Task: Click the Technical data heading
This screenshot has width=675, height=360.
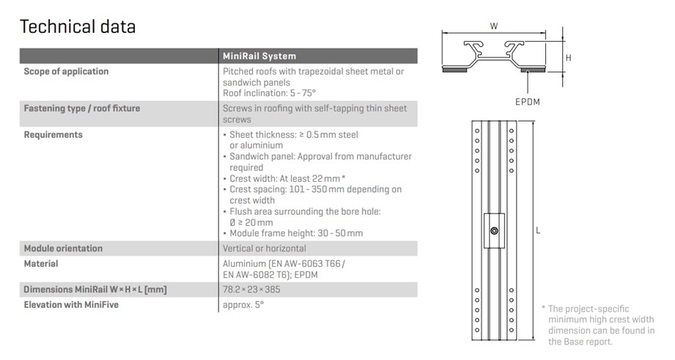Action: [x=77, y=27]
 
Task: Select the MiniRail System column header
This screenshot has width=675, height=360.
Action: [x=259, y=56]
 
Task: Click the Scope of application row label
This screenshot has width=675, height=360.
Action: [x=66, y=72]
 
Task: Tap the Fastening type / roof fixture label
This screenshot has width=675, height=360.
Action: [x=81, y=109]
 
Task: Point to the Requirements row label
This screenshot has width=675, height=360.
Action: [x=53, y=135]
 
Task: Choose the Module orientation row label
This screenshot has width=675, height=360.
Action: [x=63, y=249]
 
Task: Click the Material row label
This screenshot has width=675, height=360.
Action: [x=41, y=263]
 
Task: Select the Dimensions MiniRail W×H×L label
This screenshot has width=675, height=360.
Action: [x=95, y=290]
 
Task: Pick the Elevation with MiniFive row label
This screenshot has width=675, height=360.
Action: [x=71, y=304]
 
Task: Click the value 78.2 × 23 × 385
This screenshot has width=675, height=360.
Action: [x=251, y=290]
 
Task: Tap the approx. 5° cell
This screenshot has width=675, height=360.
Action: [x=243, y=304]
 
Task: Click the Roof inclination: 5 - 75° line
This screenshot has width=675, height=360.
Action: [x=269, y=93]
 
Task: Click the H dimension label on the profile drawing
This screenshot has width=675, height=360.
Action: [x=568, y=57]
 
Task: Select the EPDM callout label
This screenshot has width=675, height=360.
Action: [x=527, y=101]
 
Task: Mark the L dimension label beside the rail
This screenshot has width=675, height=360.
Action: [x=538, y=230]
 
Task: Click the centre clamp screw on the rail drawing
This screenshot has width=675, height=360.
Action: [x=495, y=231]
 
